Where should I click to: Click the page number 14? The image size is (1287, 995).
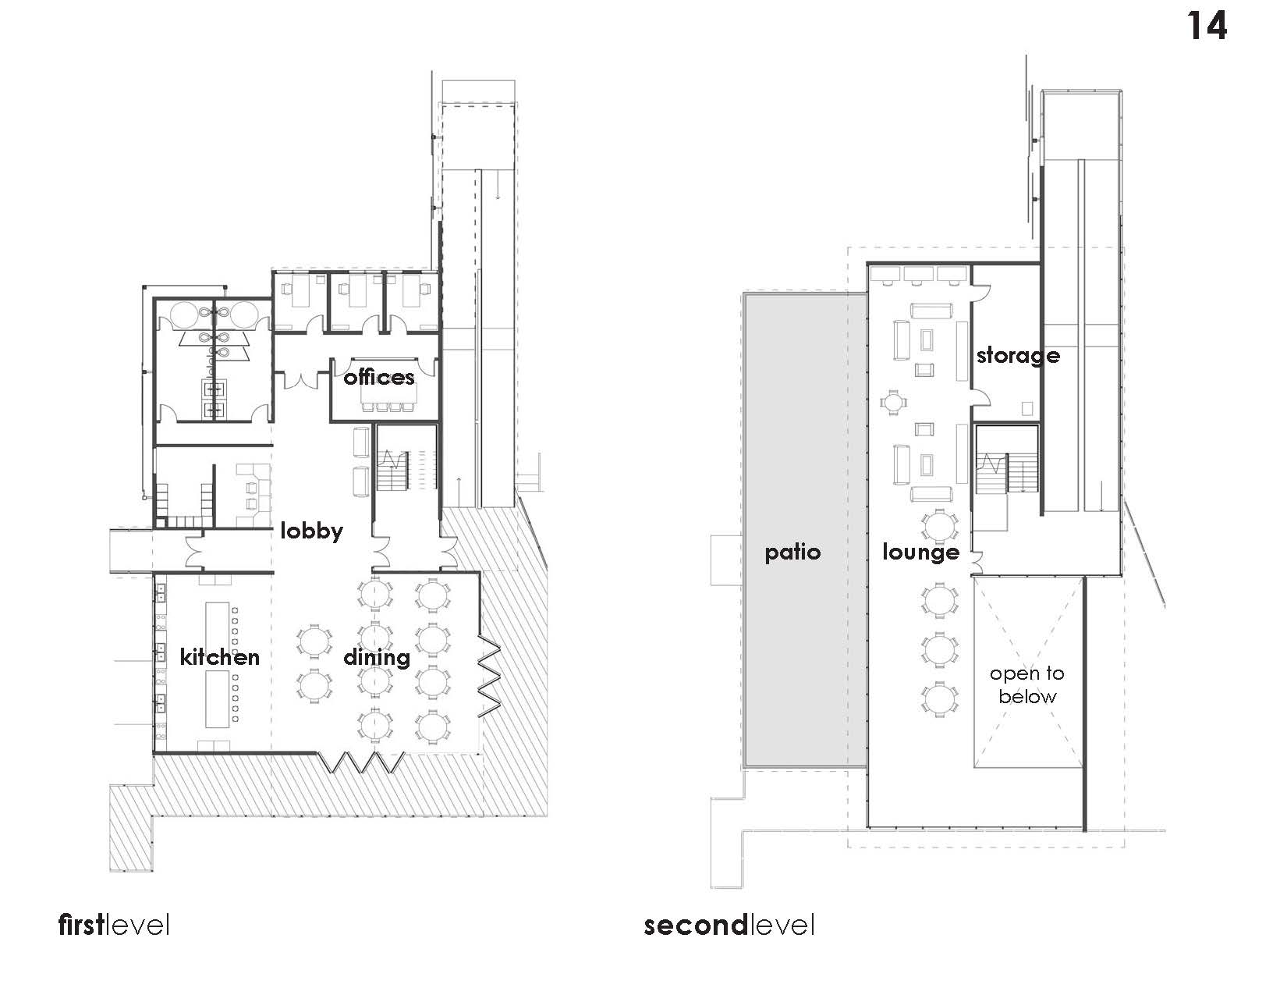pyautogui.click(x=1207, y=26)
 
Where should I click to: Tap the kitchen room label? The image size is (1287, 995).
pyautogui.click(x=219, y=656)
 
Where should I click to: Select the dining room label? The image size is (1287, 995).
pyautogui.click(x=377, y=657)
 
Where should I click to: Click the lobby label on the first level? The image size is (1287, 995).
pyautogui.click(x=311, y=531)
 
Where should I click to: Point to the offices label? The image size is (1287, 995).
pyautogui.click(x=379, y=378)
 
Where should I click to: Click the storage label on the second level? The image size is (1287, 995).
pyautogui.click(x=1018, y=356)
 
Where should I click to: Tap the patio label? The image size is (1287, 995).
pyautogui.click(x=792, y=553)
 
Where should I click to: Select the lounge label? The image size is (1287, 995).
pyautogui.click(x=920, y=553)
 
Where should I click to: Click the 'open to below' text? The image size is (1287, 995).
pyautogui.click(x=1027, y=685)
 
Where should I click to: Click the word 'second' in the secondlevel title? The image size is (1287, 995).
pyautogui.click(x=695, y=926)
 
